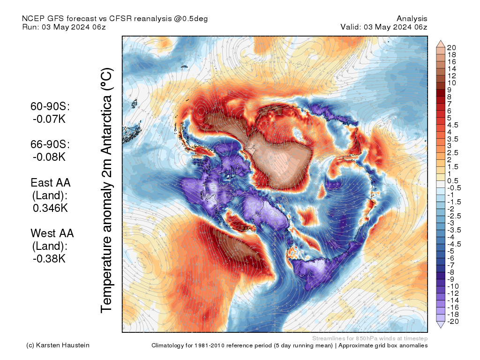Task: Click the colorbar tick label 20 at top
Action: (x=452, y=47)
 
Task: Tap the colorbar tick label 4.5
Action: (x=454, y=125)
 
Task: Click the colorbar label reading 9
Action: (x=450, y=90)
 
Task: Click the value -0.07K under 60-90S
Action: (x=49, y=119)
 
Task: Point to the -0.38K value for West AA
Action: (x=49, y=258)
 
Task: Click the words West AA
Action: (x=52, y=233)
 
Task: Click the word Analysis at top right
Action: (x=412, y=19)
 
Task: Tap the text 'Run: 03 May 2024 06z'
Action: (x=64, y=27)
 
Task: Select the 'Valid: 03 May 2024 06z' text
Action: (x=384, y=27)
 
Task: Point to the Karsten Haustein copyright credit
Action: (x=58, y=345)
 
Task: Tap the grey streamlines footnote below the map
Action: (x=369, y=338)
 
